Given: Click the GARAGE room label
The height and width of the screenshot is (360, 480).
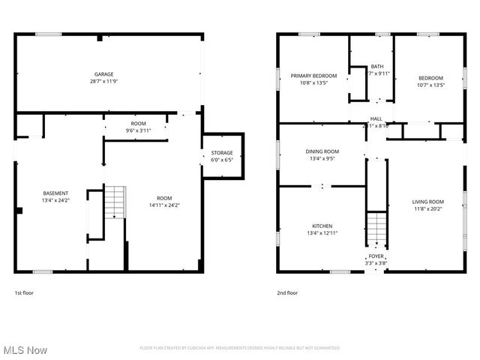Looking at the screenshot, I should coord(103,74).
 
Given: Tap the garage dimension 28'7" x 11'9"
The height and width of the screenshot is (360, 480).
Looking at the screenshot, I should coord(103,81).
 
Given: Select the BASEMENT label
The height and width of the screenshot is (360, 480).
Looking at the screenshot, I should coord(55,193).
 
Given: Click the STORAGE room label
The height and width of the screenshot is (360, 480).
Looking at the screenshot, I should coord(222,153).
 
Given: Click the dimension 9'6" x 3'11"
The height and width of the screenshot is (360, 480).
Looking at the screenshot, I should coord(139,130).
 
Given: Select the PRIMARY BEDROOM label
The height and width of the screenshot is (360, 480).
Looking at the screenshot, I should coord(313,76).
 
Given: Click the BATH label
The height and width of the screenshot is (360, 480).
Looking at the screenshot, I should coord(376,66).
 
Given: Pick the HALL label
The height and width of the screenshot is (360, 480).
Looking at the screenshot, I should coord(376,118).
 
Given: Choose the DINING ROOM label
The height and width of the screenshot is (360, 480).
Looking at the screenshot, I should coord(322,151).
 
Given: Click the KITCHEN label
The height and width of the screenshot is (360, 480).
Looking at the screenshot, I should coord(322,226).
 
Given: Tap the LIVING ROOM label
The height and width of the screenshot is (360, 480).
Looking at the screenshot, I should coord(427,201).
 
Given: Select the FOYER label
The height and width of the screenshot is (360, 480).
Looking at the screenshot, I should coord(375,256).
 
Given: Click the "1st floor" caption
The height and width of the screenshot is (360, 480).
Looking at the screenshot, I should coord(24,292).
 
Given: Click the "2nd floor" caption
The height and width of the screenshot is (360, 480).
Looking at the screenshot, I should coord(287,292).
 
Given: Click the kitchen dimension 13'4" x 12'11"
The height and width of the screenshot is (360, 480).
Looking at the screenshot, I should coord(322,233).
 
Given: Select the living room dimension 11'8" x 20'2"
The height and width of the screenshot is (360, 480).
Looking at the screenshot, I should coord(427,208).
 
